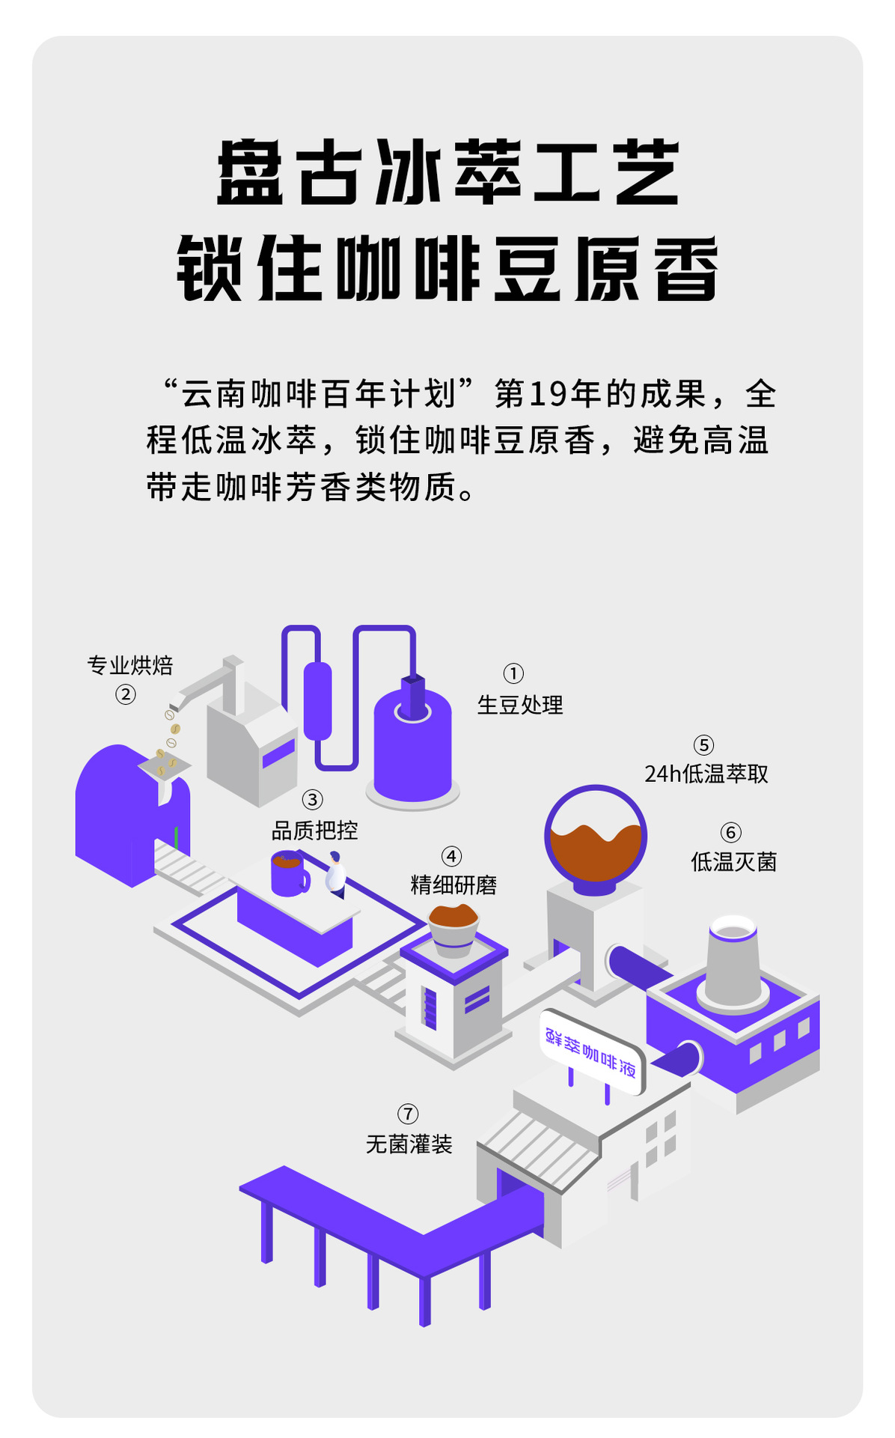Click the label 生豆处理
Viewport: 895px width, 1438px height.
(520, 705)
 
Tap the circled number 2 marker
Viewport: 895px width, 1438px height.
(125, 694)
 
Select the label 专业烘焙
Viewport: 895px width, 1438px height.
(130, 665)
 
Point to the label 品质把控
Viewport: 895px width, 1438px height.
(314, 830)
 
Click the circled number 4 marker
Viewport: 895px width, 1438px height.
(451, 856)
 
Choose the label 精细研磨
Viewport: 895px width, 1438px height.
(453, 885)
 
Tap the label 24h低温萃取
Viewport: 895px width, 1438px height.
(706, 774)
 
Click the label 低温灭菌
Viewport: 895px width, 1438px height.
(733, 861)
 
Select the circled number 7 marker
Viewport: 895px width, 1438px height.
(408, 1114)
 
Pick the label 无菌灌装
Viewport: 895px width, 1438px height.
(409, 1144)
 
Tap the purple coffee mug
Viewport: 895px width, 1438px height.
(289, 873)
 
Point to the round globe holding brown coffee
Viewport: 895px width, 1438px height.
(595, 836)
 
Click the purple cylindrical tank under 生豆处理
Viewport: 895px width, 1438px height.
(412, 749)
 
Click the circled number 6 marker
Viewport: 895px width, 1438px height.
(731, 832)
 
